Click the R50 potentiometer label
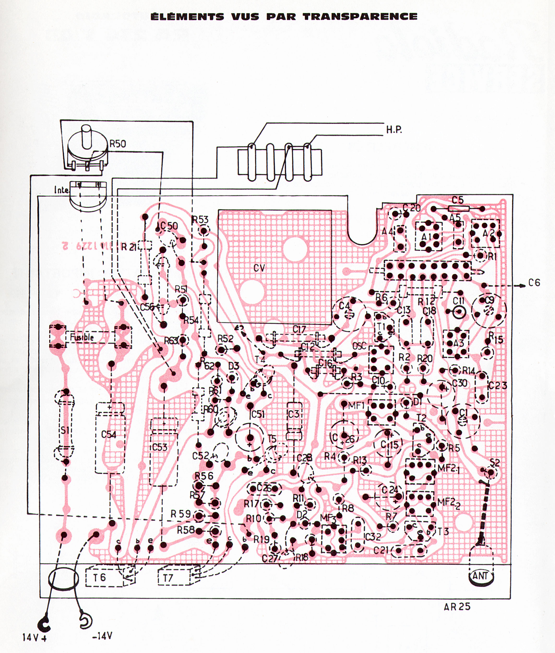point(118,144)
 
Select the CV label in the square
point(259,268)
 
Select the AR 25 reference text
point(457,607)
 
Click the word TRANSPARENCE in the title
point(361,16)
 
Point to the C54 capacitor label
point(109,435)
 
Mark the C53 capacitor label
point(160,447)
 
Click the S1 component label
point(65,430)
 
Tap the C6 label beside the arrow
point(534,283)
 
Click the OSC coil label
point(359,346)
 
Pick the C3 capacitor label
point(294,413)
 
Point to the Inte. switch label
point(62,190)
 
